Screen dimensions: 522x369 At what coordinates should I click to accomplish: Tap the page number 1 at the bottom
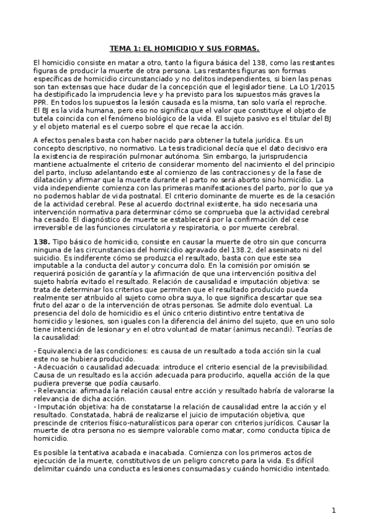pos(333,510)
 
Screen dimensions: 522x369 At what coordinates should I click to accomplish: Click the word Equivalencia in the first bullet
pos(59,351)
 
